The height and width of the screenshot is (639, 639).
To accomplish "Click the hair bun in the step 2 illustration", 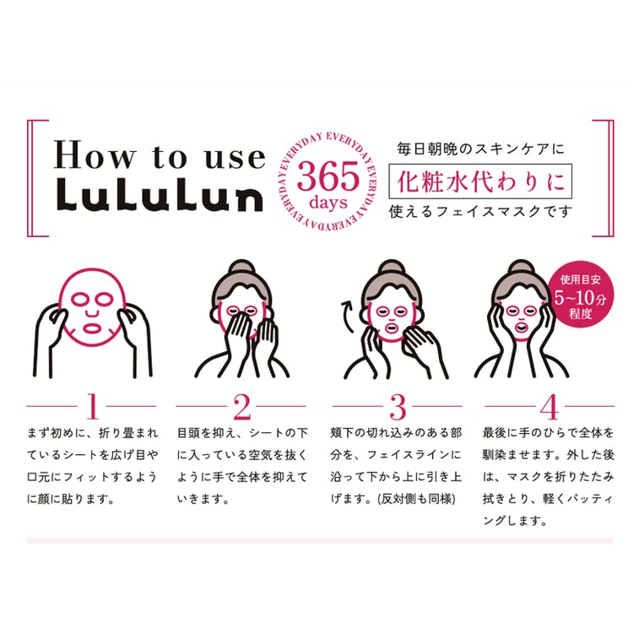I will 241,268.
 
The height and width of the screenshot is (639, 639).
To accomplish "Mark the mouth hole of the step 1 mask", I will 93,327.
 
